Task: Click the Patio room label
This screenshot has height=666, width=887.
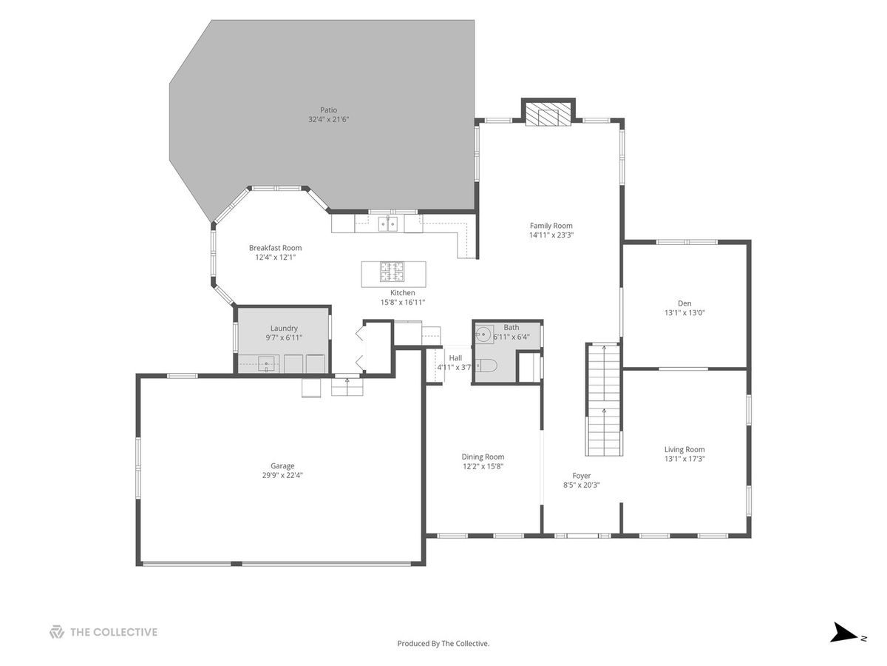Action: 328,110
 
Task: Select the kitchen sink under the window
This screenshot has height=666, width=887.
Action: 388,223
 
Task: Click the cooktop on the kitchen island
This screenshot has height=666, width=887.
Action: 392,272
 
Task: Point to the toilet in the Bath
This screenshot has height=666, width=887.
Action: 486,366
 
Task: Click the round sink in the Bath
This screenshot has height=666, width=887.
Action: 483,334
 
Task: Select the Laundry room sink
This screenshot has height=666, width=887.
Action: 266,364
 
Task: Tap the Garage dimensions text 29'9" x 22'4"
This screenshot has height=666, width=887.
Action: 282,475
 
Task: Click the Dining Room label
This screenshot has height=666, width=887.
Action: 483,457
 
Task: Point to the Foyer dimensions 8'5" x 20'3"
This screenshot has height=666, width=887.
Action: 582,485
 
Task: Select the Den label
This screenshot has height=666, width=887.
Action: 684,303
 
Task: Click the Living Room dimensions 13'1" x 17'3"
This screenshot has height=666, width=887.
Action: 684,459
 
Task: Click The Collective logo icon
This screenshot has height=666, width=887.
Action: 57,632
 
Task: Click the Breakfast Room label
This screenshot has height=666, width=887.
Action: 275,248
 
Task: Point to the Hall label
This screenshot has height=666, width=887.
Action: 455,358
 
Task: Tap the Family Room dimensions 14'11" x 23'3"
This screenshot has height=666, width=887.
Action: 551,235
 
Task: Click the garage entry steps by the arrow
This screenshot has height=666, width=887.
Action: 347,387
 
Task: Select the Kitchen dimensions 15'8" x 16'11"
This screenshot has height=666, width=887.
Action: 403,302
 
